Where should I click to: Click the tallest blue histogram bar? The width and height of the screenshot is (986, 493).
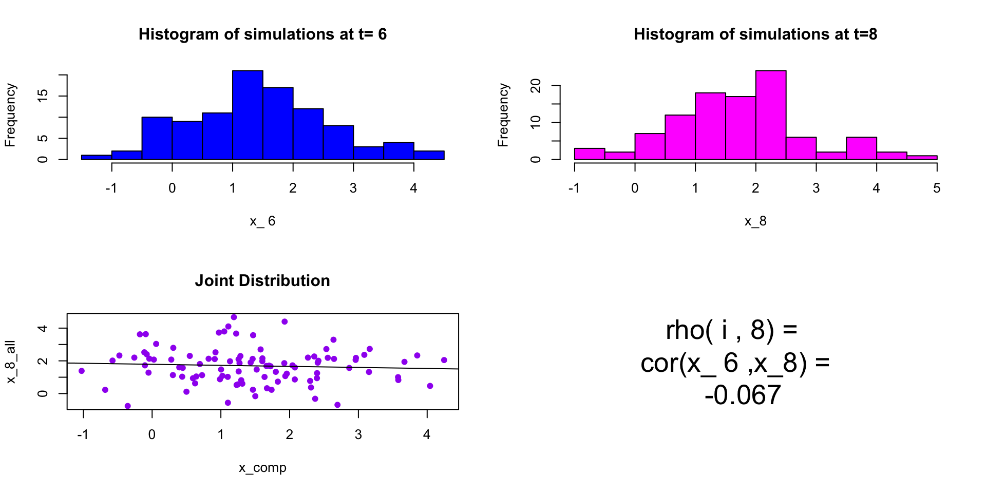click(x=248, y=115)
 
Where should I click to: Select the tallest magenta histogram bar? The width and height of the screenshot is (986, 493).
click(x=771, y=115)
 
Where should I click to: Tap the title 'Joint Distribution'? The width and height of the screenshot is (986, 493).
click(x=262, y=280)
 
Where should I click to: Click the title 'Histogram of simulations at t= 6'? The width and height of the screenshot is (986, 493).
click(x=262, y=34)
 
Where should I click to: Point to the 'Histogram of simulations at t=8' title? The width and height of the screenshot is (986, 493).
click(x=755, y=34)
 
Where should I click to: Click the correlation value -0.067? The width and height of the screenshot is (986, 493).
click(x=743, y=395)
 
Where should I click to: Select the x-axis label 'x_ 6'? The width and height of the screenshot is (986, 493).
click(x=262, y=221)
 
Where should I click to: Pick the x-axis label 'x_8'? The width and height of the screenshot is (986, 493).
click(x=755, y=221)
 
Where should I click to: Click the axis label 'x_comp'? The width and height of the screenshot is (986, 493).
click(x=262, y=467)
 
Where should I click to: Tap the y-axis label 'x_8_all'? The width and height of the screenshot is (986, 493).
click(x=11, y=362)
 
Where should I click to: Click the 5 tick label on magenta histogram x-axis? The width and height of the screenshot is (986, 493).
click(x=937, y=188)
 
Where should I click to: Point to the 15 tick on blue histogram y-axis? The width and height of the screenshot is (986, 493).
click(x=43, y=96)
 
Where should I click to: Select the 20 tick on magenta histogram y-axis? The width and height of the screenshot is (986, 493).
click(x=536, y=86)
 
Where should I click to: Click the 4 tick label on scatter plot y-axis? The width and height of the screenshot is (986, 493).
click(x=43, y=328)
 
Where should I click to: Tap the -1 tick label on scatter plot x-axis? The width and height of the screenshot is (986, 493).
click(x=83, y=434)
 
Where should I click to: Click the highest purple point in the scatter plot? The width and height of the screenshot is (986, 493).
click(x=234, y=317)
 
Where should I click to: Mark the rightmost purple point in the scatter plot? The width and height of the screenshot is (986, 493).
click(x=444, y=360)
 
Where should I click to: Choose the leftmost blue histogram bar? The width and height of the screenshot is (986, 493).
click(x=97, y=157)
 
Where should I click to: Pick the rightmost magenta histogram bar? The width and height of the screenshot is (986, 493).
click(x=922, y=157)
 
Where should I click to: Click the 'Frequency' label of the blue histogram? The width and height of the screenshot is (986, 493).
click(x=11, y=115)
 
